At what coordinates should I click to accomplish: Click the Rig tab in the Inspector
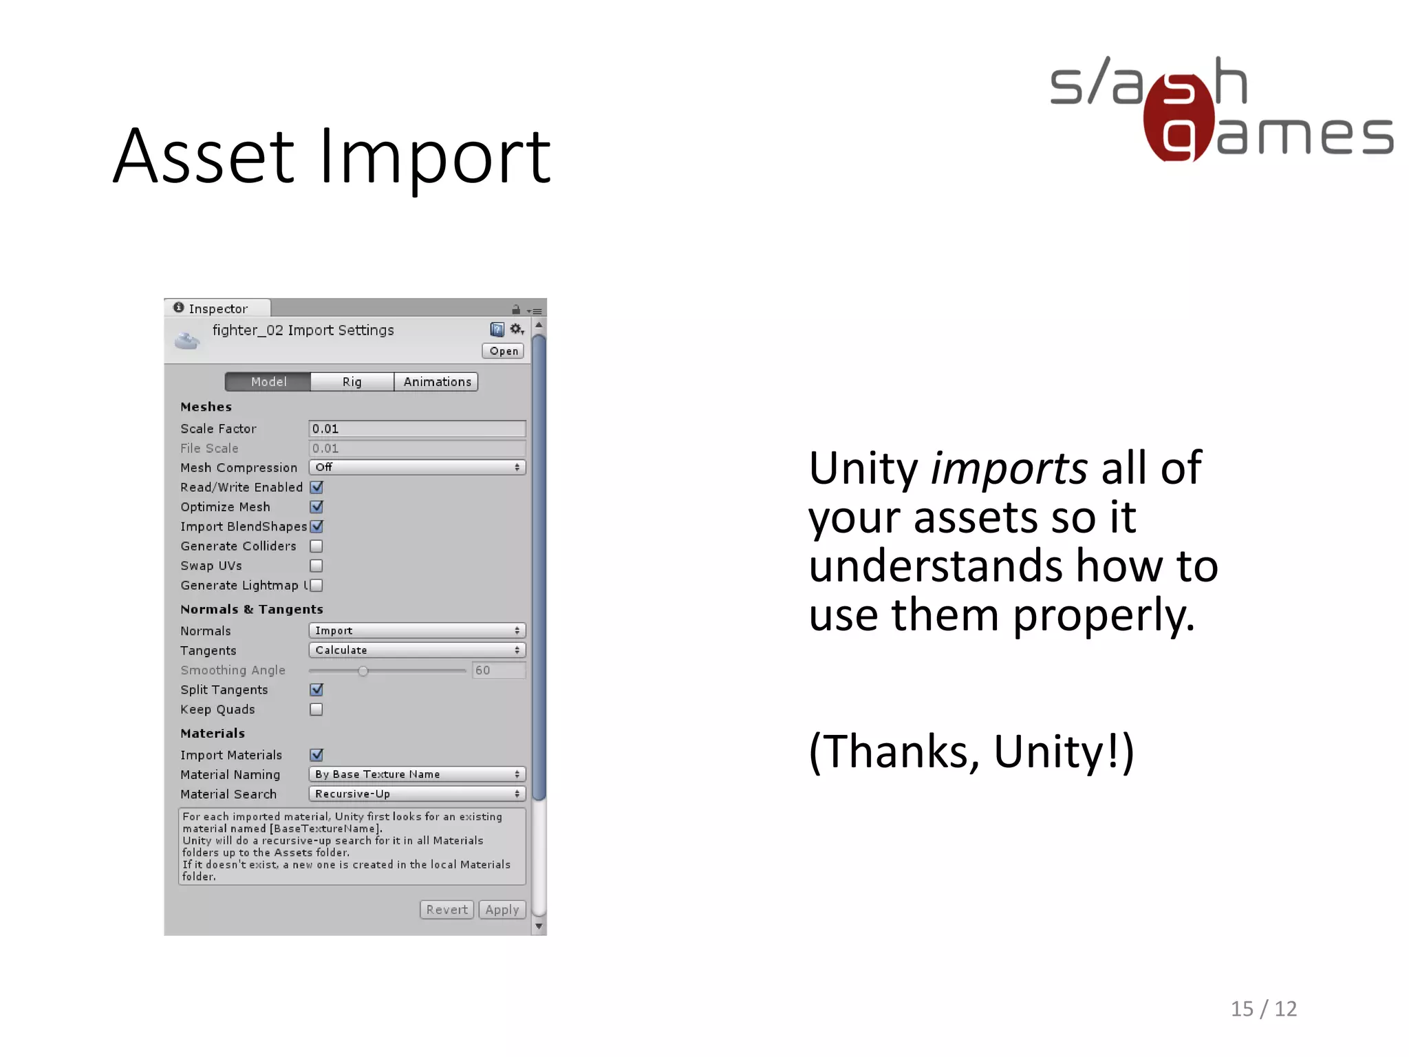pyautogui.click(x=352, y=382)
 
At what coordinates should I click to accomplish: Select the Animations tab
pyautogui.click(x=437, y=382)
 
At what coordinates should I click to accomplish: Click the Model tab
pyautogui.click(x=268, y=382)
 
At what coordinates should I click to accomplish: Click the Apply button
pyautogui.click(x=502, y=910)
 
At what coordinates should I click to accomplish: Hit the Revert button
pyautogui.click(x=447, y=910)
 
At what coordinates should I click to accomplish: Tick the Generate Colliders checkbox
pyautogui.click(x=316, y=546)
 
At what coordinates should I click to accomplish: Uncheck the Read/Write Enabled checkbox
pyautogui.click(x=316, y=487)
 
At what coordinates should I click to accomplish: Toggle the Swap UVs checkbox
pyautogui.click(x=316, y=566)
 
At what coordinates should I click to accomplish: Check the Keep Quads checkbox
pyautogui.click(x=316, y=709)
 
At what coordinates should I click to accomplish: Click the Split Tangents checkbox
pyautogui.click(x=316, y=690)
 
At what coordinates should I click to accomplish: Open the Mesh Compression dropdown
pyautogui.click(x=417, y=467)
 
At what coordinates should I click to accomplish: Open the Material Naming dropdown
pyautogui.click(x=417, y=774)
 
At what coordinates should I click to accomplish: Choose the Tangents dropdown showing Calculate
pyautogui.click(x=417, y=650)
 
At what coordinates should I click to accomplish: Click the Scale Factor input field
pyautogui.click(x=417, y=429)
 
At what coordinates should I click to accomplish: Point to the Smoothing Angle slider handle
pyautogui.click(x=363, y=671)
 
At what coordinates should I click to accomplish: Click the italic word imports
pyautogui.click(x=1009, y=469)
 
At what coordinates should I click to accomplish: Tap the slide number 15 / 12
pyautogui.click(x=1263, y=1009)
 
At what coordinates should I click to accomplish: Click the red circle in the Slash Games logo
pyautogui.click(x=1179, y=118)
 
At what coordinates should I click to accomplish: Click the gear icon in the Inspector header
pyautogui.click(x=516, y=330)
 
